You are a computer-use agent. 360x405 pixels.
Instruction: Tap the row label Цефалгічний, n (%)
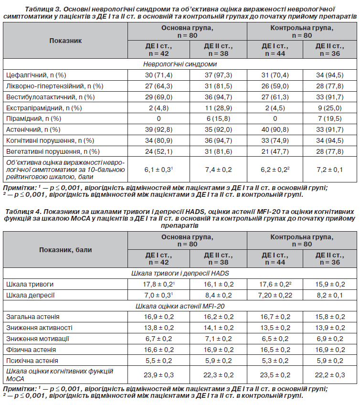(x=36, y=75)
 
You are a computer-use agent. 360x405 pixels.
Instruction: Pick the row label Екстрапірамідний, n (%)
(x=44, y=108)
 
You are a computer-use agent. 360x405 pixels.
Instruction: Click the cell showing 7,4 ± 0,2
(x=218, y=170)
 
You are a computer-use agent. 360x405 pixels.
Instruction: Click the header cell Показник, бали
(x=65, y=249)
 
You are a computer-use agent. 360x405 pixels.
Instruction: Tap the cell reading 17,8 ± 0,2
(x=158, y=284)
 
